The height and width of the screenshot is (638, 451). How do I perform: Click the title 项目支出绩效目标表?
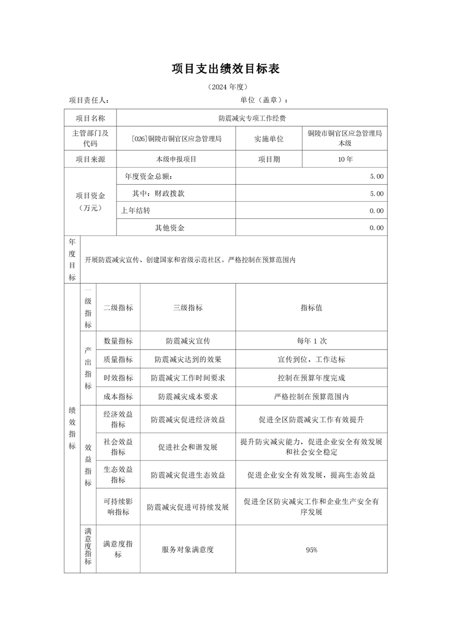coord(226,69)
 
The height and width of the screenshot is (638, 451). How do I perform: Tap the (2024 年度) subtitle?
coord(226,87)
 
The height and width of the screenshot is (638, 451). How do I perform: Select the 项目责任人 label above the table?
coord(89,101)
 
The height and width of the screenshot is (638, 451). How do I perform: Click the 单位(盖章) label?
coord(264,101)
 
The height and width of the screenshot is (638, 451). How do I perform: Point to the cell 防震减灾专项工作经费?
coord(252,118)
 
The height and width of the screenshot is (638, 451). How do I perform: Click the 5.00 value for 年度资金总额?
coord(376,177)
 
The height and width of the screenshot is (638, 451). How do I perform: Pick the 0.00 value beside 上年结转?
coord(376,211)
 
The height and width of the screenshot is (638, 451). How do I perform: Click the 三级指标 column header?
coord(188,308)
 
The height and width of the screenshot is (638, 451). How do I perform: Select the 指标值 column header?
coord(311,308)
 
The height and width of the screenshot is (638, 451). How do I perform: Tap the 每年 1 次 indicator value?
coord(311,341)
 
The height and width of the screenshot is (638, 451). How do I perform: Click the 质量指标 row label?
coord(118,359)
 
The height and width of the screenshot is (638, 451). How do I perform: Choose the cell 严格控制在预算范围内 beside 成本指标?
coord(311,396)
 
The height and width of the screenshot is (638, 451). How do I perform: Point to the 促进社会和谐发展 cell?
coord(188,447)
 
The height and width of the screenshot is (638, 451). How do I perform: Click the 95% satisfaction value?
coord(311,550)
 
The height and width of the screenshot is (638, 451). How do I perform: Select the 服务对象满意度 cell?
coord(188,550)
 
